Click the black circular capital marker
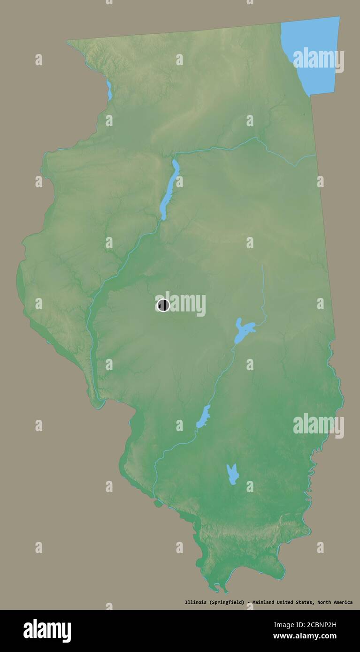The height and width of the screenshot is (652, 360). pos(163,305)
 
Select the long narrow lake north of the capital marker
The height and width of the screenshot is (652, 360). pos(169,190)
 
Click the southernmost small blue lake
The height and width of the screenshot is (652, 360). pos(232,474)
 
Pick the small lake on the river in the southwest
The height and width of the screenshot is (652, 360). pos(203,416)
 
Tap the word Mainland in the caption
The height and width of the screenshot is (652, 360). pos(266,602)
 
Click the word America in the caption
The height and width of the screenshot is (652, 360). pos(345,602)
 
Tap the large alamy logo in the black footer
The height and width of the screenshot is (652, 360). pos(47,630)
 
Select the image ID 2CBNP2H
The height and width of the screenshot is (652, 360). pos(316,625)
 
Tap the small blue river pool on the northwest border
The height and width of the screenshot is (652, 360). pos(109,91)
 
